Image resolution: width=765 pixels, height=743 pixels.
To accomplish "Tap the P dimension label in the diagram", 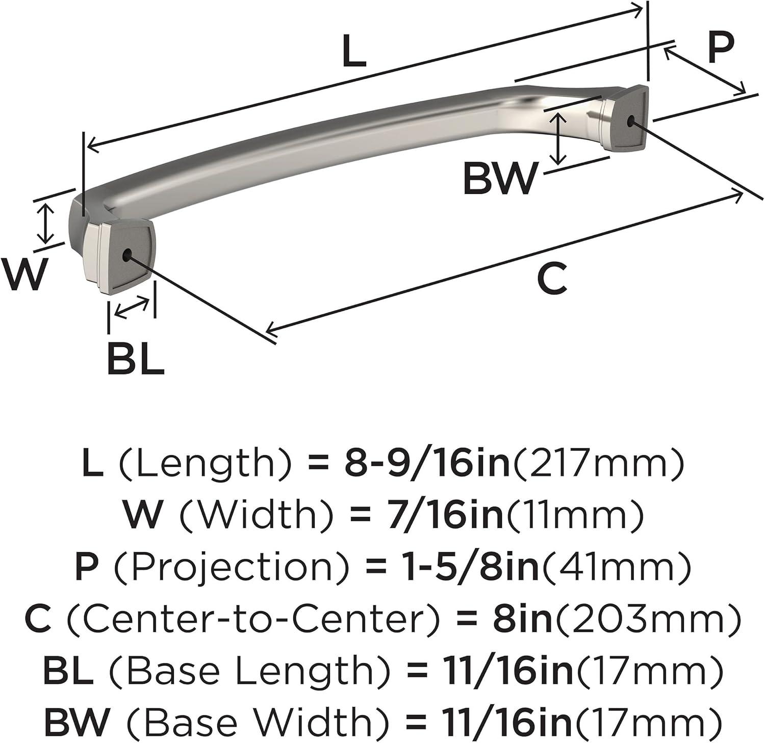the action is pyautogui.click(x=721, y=46).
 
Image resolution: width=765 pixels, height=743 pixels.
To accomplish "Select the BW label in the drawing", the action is pyautogui.click(x=500, y=178).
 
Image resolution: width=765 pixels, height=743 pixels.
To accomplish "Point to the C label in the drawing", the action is pyautogui.click(x=552, y=279).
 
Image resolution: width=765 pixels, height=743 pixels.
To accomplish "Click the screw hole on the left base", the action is pyautogui.click(x=127, y=253).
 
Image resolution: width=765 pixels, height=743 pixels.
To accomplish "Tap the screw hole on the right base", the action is pyautogui.click(x=631, y=121).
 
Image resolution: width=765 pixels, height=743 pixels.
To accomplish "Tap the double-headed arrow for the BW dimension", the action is pyautogui.click(x=560, y=138).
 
